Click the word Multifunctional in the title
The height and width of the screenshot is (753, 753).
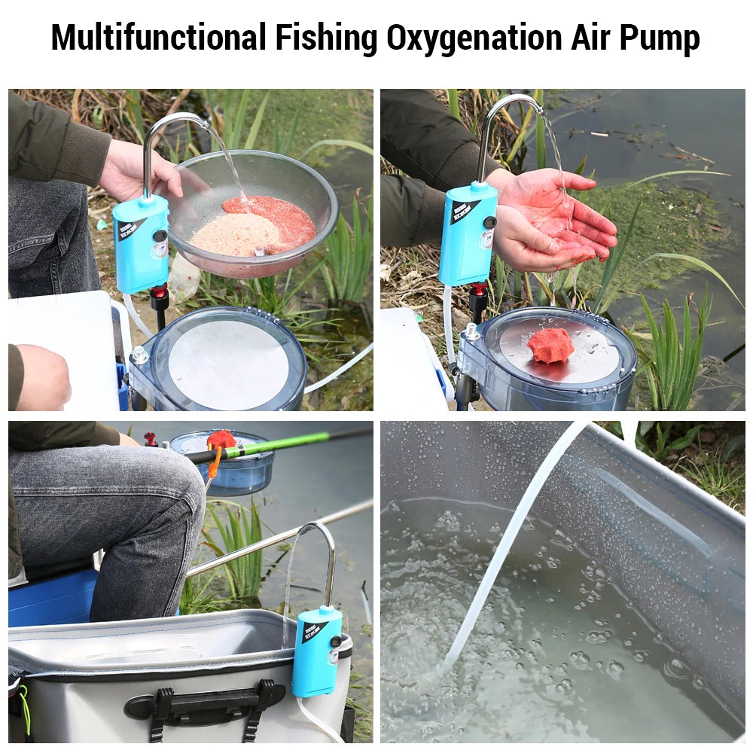[x=158, y=38]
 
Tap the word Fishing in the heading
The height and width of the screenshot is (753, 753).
[x=326, y=38]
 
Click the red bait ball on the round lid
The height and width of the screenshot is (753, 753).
[x=550, y=345]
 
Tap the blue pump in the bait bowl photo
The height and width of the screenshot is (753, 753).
[x=141, y=243]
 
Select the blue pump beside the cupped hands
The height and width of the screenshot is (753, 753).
[x=468, y=233]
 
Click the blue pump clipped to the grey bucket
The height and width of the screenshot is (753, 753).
[x=316, y=651]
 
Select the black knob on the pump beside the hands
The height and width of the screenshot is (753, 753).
[x=490, y=223]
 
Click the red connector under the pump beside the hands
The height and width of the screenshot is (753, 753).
[x=478, y=290]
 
